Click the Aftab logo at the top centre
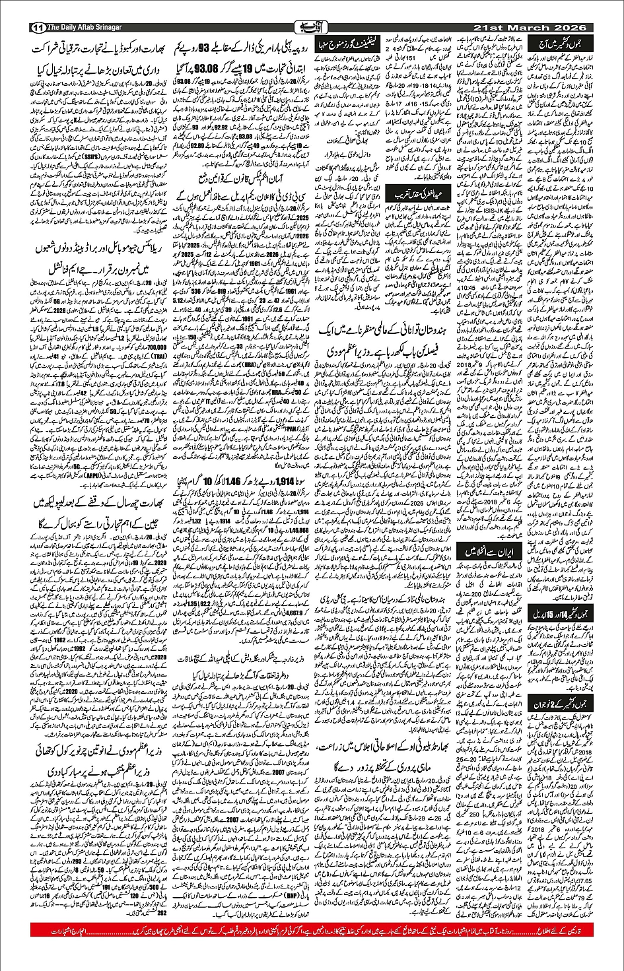(310, 27)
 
